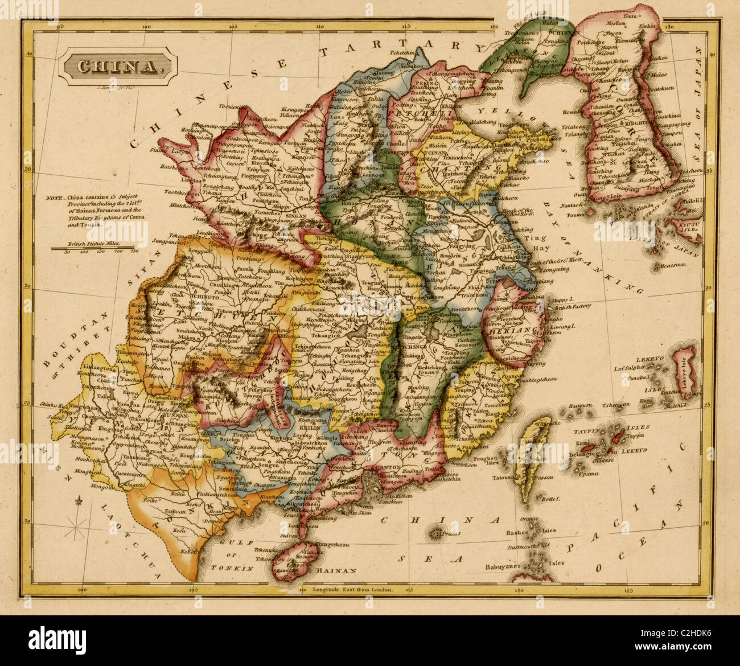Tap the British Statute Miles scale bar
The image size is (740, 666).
coord(94,248)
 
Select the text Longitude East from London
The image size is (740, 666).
coord(353,590)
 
